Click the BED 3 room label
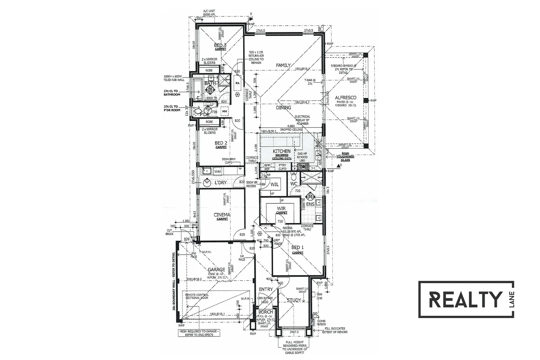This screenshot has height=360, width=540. (220, 45)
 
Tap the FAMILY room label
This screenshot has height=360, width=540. (283, 66)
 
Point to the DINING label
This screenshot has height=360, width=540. (284, 108)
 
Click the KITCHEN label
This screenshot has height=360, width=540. (282, 151)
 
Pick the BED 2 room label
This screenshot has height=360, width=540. (221, 143)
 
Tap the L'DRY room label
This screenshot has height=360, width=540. (221, 183)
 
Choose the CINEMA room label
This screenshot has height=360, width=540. (222, 215)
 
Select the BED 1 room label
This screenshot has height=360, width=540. (298, 248)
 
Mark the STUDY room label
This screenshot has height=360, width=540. (294, 300)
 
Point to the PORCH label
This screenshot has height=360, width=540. (266, 312)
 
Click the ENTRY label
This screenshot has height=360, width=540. (266, 289)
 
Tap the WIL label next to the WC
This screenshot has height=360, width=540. (275, 184)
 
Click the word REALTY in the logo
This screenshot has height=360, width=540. (465, 299)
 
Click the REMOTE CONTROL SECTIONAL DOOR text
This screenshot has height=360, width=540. (197, 296)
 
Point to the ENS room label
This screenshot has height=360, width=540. (311, 204)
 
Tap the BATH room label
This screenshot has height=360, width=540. (210, 83)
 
